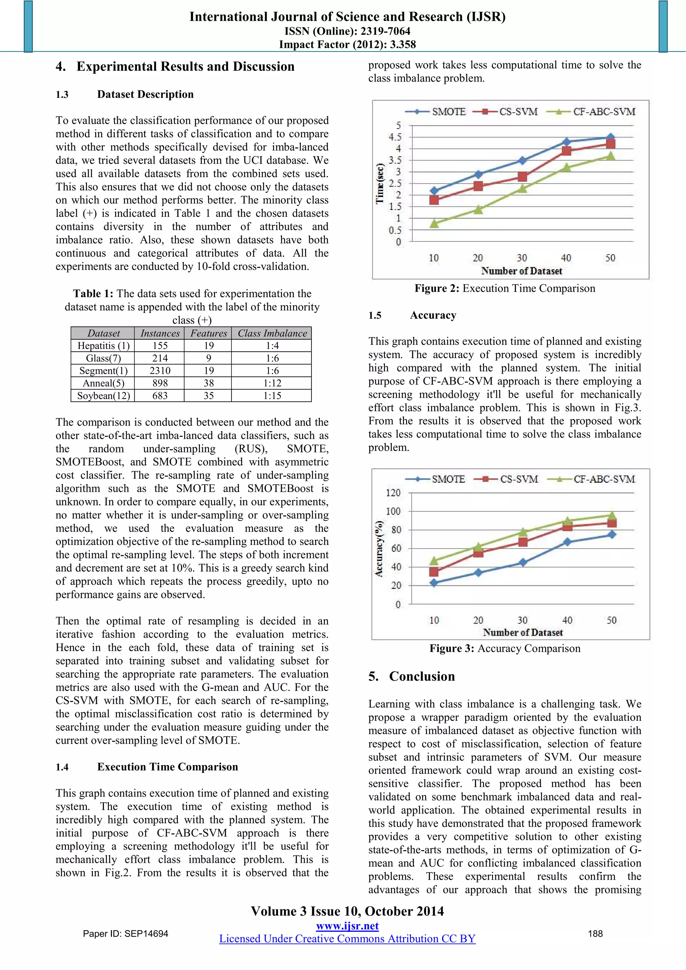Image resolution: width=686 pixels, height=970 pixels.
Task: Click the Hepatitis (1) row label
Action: tap(103, 346)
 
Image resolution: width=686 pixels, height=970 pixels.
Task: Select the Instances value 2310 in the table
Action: tap(160, 370)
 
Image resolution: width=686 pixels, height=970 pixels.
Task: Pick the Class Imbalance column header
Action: tap(272, 333)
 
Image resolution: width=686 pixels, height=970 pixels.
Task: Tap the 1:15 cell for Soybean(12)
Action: tap(272, 396)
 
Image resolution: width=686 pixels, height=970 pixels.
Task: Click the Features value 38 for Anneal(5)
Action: tap(209, 383)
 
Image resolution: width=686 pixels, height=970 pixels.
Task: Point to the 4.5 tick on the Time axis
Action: tap(395, 137)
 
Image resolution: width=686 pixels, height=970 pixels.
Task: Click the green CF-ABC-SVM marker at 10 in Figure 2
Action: tap(434, 223)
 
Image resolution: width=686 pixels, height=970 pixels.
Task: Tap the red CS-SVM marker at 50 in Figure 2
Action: tap(610, 144)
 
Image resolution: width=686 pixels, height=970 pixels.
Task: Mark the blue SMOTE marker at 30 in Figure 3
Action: tap(523, 562)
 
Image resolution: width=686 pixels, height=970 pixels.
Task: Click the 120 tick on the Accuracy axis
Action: tap(393, 493)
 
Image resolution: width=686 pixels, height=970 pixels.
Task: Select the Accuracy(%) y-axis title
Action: tap(379, 548)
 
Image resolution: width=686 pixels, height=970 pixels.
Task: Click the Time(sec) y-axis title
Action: tap(380, 183)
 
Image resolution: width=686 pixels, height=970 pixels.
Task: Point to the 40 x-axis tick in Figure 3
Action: tap(567, 620)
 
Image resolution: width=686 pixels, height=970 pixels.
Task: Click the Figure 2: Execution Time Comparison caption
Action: tap(505, 288)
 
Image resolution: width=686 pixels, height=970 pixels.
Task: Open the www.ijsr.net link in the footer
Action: tap(347, 926)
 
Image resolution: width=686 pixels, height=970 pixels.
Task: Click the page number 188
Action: tap(595, 933)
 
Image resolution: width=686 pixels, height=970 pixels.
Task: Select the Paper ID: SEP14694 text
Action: tap(126, 933)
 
